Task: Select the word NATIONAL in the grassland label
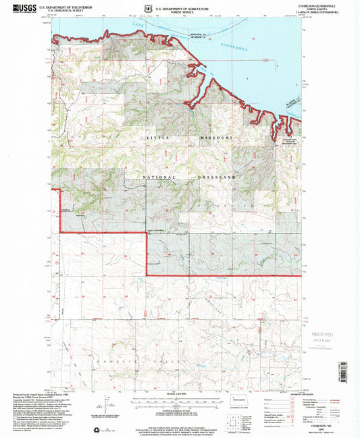coord(159,177)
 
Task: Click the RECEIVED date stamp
coord(324,335)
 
